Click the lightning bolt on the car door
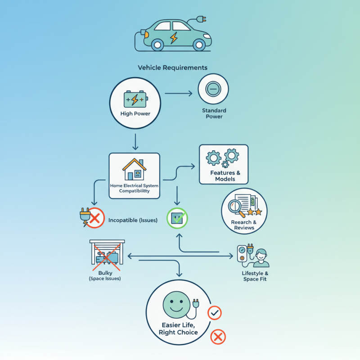(173, 37)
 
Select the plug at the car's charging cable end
(201, 19)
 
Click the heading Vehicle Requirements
(172, 67)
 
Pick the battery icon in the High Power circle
(135, 99)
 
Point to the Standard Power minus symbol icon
(213, 89)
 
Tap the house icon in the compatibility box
(135, 169)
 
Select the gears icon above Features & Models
(223, 158)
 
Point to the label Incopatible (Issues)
(133, 220)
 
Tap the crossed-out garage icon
(107, 254)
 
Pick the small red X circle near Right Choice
(218, 336)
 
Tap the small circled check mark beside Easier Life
(214, 312)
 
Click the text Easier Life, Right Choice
(178, 329)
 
